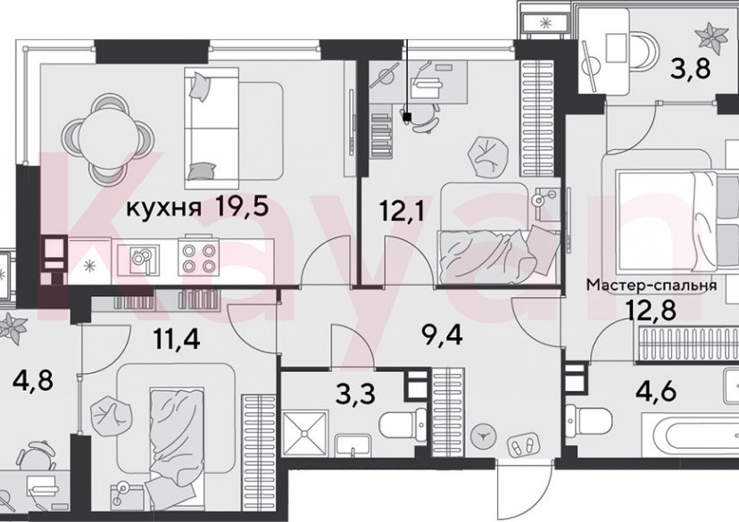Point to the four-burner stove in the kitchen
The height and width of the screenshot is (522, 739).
pyautogui.click(x=198, y=258)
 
